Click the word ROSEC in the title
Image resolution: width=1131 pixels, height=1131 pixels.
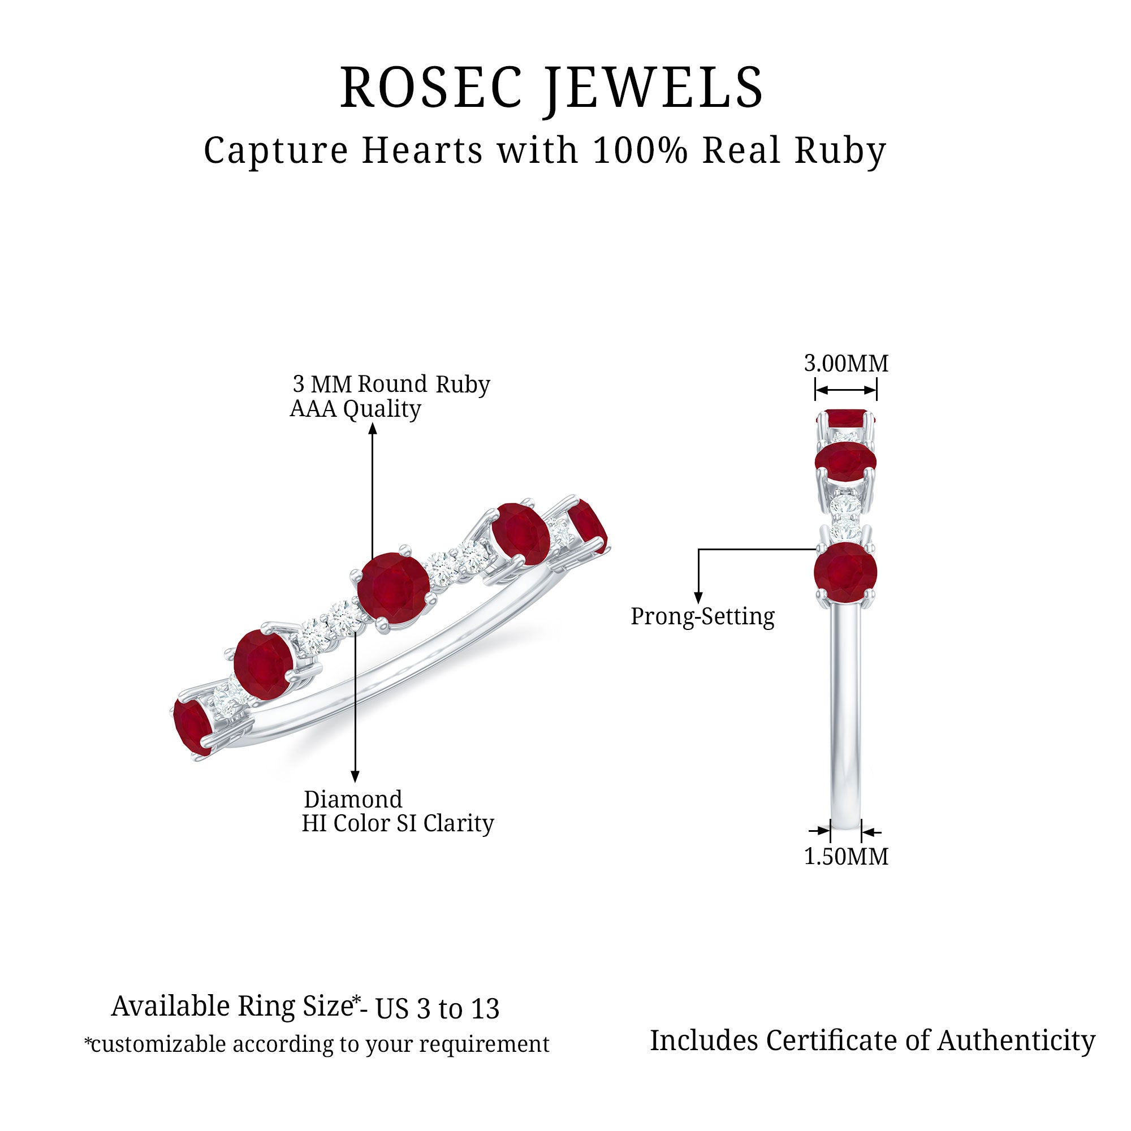[431, 88]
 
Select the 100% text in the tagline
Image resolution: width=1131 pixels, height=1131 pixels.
[640, 150]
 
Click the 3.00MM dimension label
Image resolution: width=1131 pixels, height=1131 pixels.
[846, 364]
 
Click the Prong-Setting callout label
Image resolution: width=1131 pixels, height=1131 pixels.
[702, 616]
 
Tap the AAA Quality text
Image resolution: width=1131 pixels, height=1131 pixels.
[355, 409]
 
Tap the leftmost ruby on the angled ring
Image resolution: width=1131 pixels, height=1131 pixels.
[192, 726]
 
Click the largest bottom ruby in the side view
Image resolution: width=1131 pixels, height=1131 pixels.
[845, 572]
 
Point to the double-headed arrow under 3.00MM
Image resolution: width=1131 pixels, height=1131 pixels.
[845, 390]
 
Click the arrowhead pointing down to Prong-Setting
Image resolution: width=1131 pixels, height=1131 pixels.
[698, 598]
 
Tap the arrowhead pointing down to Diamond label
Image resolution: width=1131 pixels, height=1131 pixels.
[355, 777]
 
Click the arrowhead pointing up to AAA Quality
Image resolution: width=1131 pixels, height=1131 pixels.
[372, 429]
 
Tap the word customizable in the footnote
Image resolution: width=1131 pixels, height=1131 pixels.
[158, 1044]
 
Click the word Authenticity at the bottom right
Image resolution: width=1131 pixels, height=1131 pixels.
[1016, 1041]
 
